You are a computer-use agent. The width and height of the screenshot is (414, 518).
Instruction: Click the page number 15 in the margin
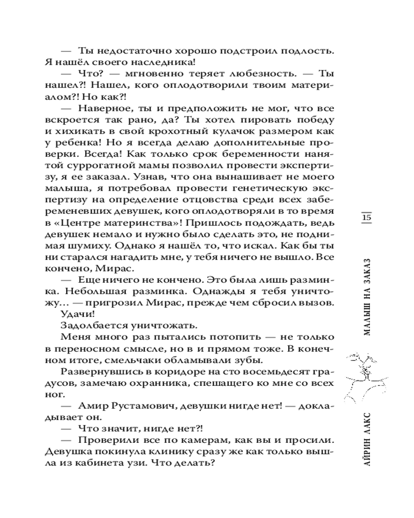366,218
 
